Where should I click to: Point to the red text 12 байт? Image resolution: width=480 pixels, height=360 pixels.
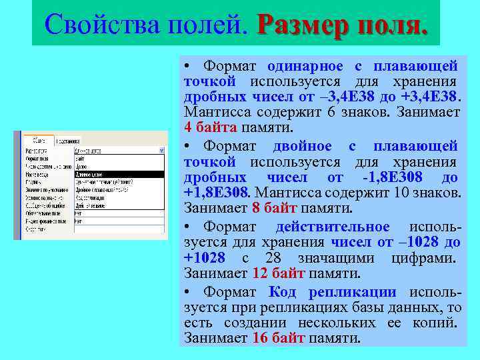(279, 273)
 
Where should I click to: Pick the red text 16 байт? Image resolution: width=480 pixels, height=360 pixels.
(279, 338)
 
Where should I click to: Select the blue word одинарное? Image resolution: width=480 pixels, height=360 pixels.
(305, 66)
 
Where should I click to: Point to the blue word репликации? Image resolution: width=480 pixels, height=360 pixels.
(351, 292)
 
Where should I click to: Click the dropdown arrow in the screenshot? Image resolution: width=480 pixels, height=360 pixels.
(161, 151)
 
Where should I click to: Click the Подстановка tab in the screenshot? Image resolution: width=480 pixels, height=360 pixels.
(69, 141)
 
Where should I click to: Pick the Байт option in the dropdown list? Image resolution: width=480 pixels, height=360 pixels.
(80, 159)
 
